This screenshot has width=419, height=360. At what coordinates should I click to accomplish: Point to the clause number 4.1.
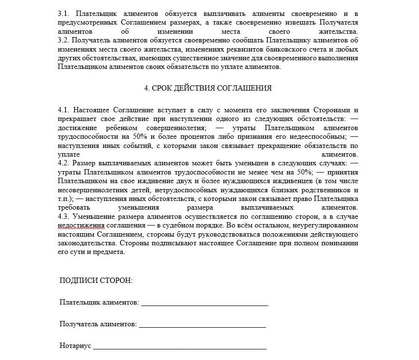pyautogui.click(x=63, y=110)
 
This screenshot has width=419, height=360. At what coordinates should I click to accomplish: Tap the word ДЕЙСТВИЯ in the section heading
pyautogui.click(x=201, y=88)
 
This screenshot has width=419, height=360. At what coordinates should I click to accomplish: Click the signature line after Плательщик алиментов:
pyautogui.click(x=204, y=304)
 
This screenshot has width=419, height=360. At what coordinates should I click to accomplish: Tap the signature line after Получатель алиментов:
pyautogui.click(x=202, y=325)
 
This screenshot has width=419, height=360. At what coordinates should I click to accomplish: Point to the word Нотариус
pyautogui.click(x=75, y=346)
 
